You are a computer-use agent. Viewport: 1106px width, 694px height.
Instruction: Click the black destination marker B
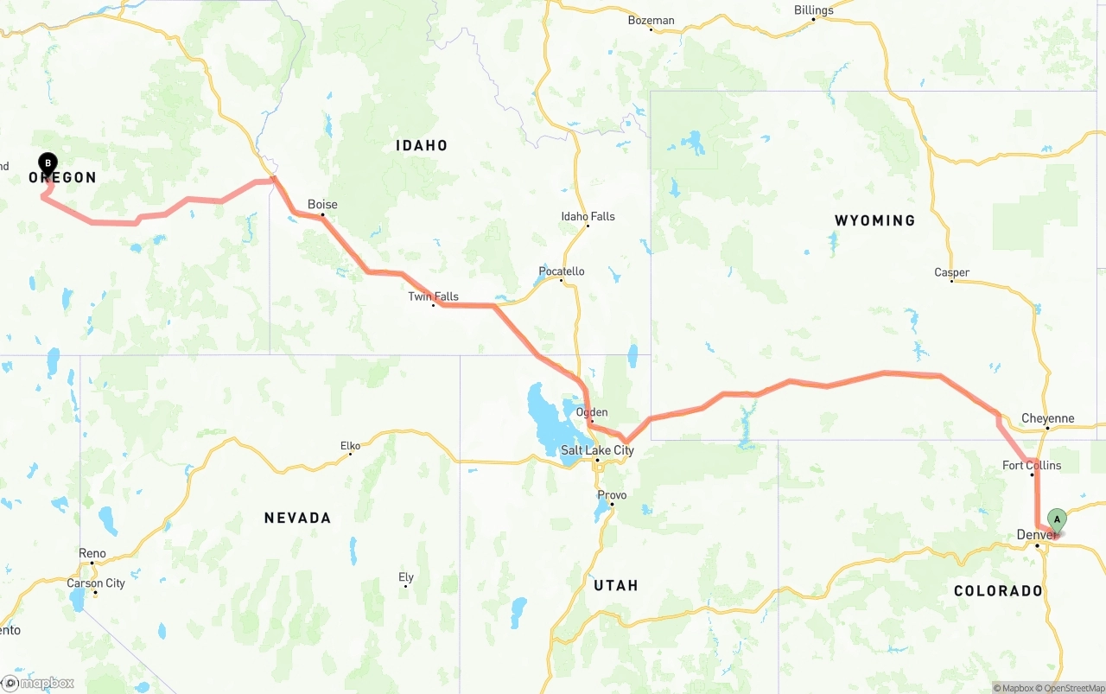tap(48, 162)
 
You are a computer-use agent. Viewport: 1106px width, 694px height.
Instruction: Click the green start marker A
tap(1057, 519)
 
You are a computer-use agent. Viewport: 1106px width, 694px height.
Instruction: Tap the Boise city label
tap(322, 205)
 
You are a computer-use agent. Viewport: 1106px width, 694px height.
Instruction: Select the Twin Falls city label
tap(433, 296)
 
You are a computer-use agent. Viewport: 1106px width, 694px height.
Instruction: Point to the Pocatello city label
tap(562, 271)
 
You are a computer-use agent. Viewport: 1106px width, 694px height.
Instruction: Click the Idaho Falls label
tap(588, 216)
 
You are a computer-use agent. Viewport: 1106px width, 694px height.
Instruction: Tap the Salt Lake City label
tap(597, 450)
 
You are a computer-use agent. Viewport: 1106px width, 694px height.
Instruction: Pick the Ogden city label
tap(592, 412)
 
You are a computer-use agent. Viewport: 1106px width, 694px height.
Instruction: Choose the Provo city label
tap(612, 495)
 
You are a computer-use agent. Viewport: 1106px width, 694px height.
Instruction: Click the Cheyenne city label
tap(1047, 418)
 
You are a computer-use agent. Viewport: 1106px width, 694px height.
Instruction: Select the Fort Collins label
tap(1032, 465)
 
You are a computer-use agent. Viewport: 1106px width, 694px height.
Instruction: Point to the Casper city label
tap(951, 272)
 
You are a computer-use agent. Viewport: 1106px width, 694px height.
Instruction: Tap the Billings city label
tap(813, 10)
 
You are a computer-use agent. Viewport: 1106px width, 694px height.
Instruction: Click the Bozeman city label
tap(651, 20)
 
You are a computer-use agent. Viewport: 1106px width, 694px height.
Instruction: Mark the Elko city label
tap(350, 446)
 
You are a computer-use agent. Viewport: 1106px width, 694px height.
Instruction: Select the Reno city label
tap(92, 553)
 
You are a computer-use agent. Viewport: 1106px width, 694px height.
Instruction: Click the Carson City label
tap(96, 583)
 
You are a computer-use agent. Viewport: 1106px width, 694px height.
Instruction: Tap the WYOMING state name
tap(874, 220)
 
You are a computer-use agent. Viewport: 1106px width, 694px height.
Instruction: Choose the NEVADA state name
tap(297, 518)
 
